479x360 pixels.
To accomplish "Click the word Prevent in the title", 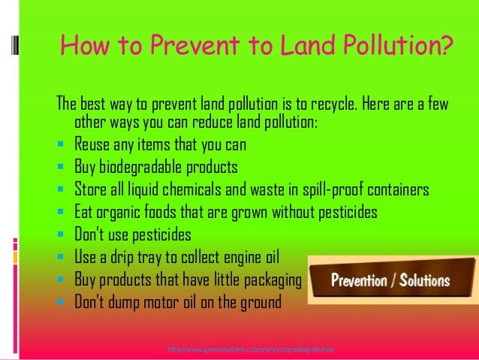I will click(190, 50).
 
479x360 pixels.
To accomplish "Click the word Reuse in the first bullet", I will click(94, 144).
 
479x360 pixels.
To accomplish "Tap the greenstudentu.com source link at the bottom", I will click(251, 350).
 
